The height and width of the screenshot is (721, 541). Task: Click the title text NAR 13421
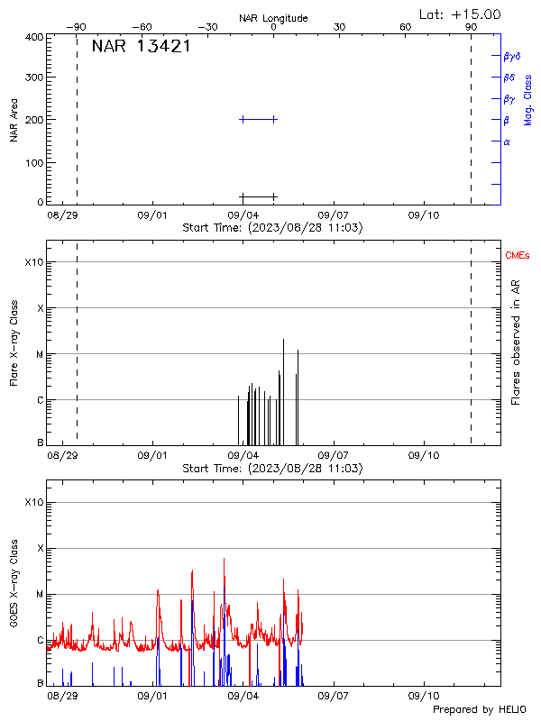tap(141, 47)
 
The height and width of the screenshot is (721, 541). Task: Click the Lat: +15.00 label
tap(461, 14)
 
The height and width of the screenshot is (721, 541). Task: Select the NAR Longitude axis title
tap(273, 18)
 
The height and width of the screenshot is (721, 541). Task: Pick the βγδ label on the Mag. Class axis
tap(512, 56)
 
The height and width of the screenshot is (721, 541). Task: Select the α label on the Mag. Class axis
tap(507, 141)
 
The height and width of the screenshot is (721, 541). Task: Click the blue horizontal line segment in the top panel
tap(258, 119)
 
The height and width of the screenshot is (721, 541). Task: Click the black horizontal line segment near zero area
tap(258, 196)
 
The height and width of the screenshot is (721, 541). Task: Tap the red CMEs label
tap(518, 257)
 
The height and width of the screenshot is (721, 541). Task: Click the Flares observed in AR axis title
tap(516, 341)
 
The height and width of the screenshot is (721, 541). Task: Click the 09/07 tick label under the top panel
tap(334, 216)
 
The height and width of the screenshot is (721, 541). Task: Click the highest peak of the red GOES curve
tap(225, 560)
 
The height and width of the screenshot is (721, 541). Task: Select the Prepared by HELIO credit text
tap(479, 709)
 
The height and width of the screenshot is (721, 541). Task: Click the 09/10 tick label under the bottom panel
tap(424, 696)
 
